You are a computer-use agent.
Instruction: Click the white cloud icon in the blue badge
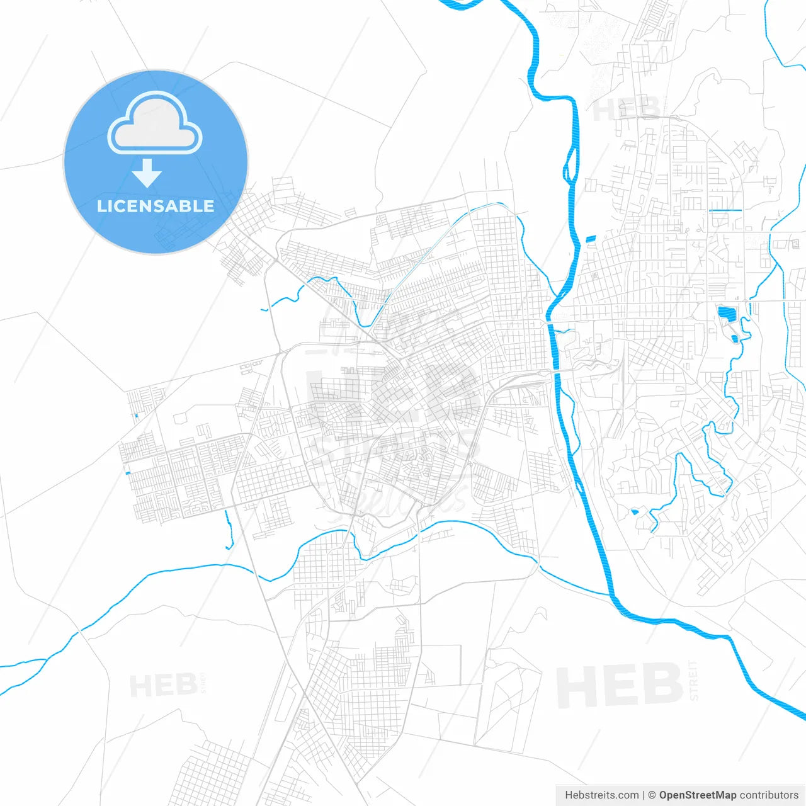155,123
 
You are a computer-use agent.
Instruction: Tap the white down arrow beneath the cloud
147,173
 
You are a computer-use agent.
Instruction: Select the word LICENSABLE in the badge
156,206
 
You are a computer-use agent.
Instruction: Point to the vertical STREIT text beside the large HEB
693,680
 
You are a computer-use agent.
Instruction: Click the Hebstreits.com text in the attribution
601,795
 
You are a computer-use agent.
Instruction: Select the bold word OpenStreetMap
698,795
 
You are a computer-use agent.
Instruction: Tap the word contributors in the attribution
769,795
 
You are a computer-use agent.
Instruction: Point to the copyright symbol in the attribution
652,795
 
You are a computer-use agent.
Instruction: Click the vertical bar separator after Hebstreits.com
644,795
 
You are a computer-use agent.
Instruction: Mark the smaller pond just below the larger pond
735,339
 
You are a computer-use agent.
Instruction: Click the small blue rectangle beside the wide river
590,239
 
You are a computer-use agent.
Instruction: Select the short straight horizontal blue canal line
725,210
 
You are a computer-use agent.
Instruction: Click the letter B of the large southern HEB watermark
661,685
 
